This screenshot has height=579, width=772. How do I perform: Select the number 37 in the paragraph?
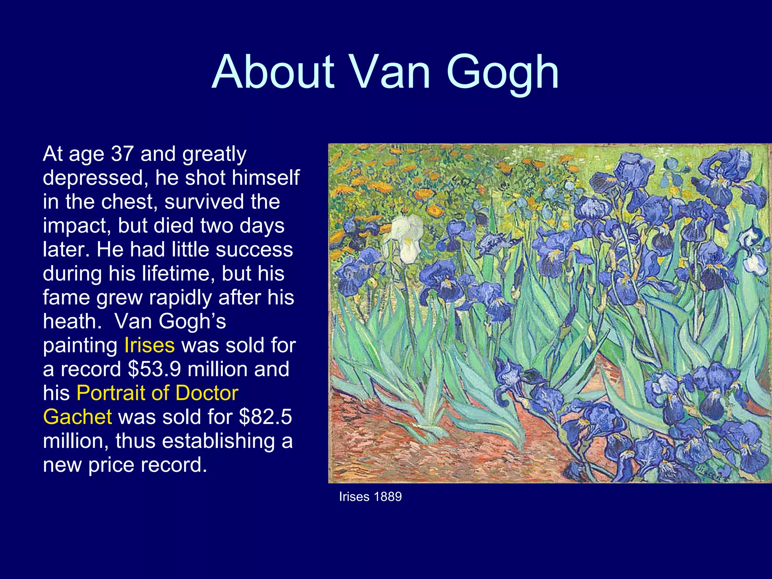coord(122,154)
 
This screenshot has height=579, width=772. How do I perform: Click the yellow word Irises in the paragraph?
coord(149,345)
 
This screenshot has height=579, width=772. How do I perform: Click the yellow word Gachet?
coord(77,417)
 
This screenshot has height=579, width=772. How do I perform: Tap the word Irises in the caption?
coord(354,497)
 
